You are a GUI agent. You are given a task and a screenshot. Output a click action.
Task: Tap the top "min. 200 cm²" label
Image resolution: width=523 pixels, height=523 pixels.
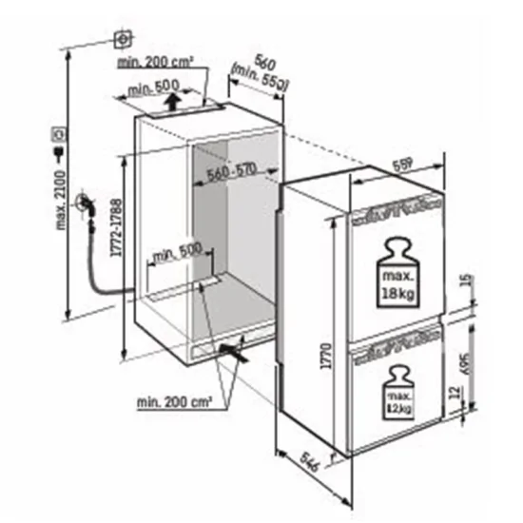tap(157, 63)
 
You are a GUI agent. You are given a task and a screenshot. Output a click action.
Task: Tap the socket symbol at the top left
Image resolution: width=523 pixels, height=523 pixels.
tap(123, 39)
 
